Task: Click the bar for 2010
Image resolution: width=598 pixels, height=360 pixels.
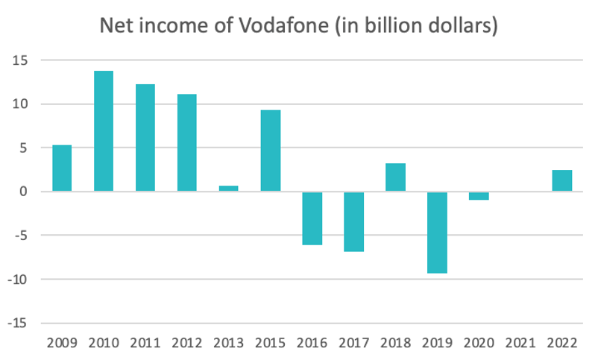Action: (104, 131)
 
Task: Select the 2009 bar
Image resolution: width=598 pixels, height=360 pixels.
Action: (62, 168)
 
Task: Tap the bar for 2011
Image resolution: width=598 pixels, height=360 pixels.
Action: (145, 138)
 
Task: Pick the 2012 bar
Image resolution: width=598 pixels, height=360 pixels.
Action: (187, 143)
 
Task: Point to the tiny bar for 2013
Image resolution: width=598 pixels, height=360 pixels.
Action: (229, 189)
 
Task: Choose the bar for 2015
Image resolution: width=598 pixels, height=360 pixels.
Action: (271, 151)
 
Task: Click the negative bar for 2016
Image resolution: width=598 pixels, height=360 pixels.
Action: (312, 218)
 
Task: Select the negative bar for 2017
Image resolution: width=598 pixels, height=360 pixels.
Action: (354, 221)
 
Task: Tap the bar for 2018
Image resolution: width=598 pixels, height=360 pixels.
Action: (396, 177)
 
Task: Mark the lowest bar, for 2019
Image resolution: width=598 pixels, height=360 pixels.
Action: (438, 233)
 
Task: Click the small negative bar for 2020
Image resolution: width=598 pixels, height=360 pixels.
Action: (479, 196)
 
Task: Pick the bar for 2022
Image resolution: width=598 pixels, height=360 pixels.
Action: (562, 180)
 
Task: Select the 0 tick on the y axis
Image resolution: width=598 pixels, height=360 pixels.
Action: (23, 192)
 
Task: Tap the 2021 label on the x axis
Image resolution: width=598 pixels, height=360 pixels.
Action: (520, 344)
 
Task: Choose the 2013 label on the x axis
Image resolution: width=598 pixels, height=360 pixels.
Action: (229, 344)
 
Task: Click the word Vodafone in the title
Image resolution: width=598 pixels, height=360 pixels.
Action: (280, 26)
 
